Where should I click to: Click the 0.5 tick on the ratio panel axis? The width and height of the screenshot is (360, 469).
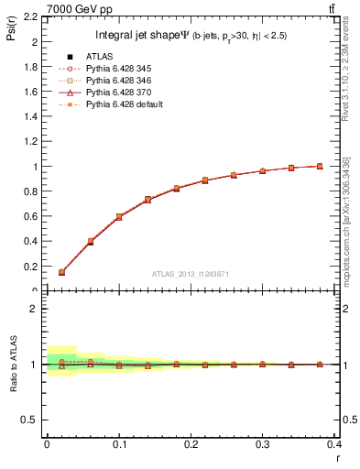click(30, 420)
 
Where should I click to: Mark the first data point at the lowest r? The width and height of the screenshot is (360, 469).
click(61, 272)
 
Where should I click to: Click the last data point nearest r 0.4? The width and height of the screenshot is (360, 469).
click(320, 166)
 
